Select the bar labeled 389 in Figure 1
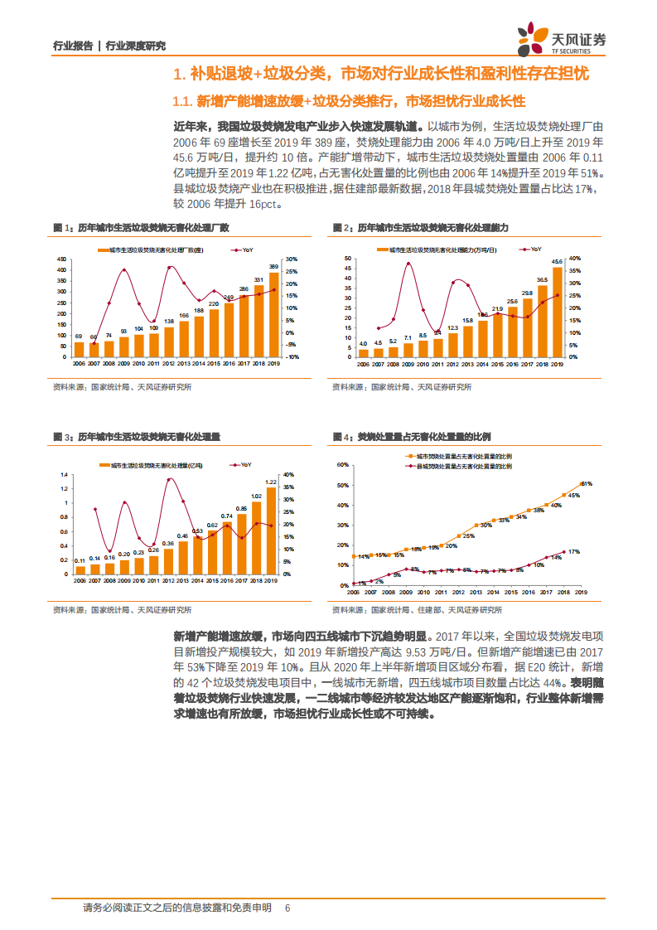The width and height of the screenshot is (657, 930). tap(274, 315)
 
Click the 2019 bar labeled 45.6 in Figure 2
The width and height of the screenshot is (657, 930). tap(557, 312)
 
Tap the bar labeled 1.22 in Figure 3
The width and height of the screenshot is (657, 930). tap(271, 531)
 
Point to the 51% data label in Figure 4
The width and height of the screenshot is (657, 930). tap(586, 483)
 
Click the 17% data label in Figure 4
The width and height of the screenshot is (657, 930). tap(574, 551)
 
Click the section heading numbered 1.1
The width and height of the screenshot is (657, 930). tap(349, 102)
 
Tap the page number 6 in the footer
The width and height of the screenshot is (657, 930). tap(287, 908)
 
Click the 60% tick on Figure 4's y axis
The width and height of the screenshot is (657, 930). tap(341, 465)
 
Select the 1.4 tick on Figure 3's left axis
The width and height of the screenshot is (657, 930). tap(62, 475)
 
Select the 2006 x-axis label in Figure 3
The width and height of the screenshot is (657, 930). tap(80, 582)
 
